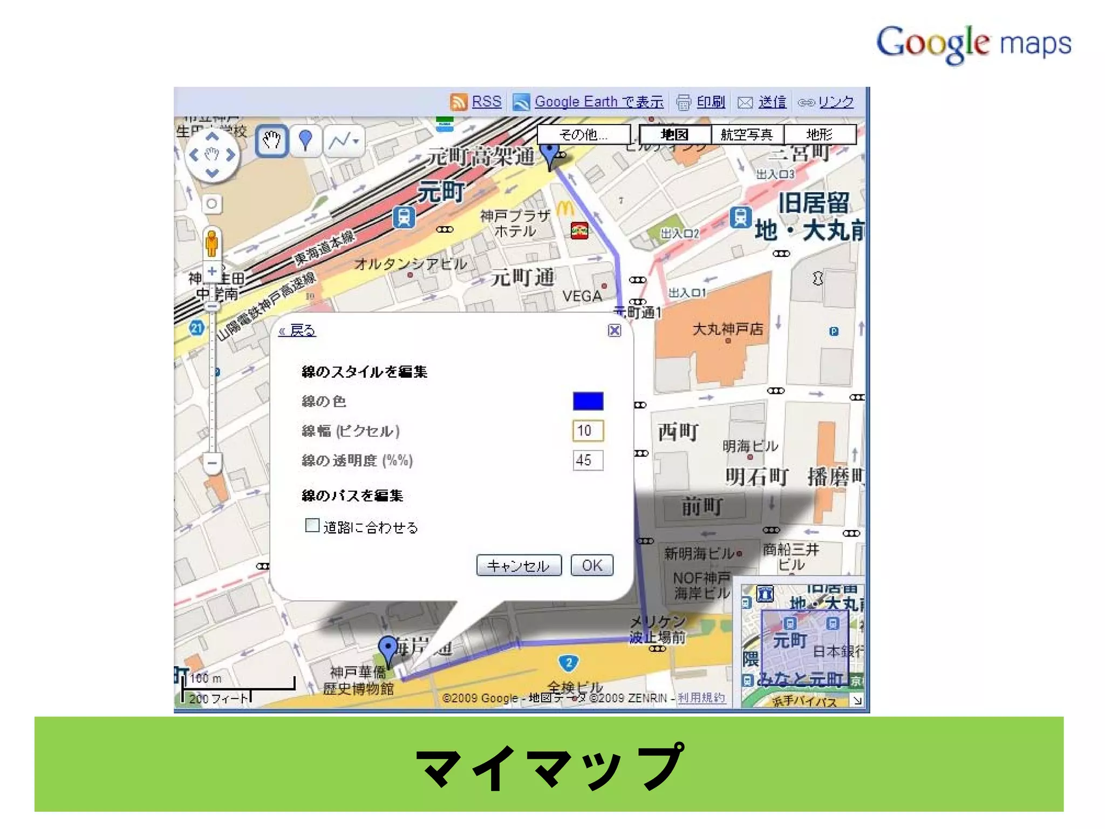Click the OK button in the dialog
pyautogui.click(x=592, y=565)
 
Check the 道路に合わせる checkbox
pyautogui.click(x=312, y=525)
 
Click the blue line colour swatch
pyautogui.click(x=588, y=401)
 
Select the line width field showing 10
pyautogui.click(x=588, y=431)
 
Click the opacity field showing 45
pyautogui.click(x=588, y=460)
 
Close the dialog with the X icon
pyautogui.click(x=614, y=330)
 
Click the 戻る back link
pyautogui.click(x=297, y=330)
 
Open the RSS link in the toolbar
pyautogui.click(x=486, y=101)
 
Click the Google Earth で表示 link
pyautogui.click(x=599, y=101)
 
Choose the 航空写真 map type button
pyautogui.click(x=747, y=134)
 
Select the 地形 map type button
pyautogui.click(x=819, y=134)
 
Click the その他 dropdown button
pyautogui.click(x=584, y=134)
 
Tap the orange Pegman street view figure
pyautogui.click(x=212, y=243)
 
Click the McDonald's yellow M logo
pyautogui.click(x=564, y=209)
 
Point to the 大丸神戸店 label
pyautogui.click(x=727, y=329)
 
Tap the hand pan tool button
pyautogui.click(x=271, y=141)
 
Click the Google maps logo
pyautogui.click(x=973, y=43)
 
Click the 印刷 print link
pyautogui.click(x=710, y=101)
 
